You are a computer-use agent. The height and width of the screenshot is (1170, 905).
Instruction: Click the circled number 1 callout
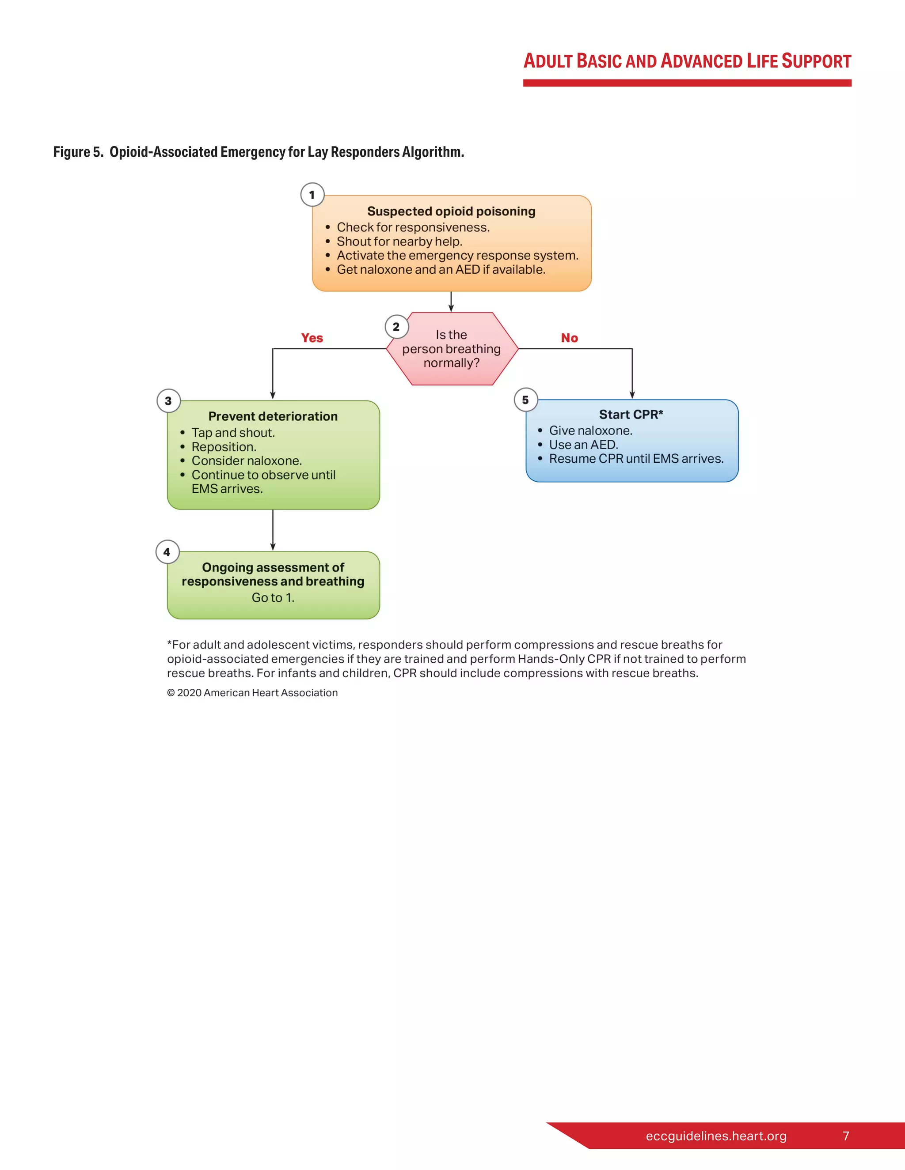pos(312,195)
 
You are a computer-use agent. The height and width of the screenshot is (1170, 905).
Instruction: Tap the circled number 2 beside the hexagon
pos(396,327)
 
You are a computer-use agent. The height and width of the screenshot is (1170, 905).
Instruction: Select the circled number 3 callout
pos(168,401)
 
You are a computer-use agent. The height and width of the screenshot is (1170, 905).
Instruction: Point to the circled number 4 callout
pos(167,552)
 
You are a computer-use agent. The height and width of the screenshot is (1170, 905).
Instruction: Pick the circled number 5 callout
pos(525,400)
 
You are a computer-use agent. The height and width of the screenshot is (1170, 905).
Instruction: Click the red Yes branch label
pos(312,338)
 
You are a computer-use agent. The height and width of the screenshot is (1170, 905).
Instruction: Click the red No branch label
pos(569,338)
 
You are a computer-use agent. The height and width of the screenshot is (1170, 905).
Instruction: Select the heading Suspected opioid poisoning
pos(451,211)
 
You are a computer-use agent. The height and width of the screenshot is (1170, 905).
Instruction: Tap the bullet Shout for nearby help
pos(399,242)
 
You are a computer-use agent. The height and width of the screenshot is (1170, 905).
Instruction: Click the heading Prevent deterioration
pos(273,416)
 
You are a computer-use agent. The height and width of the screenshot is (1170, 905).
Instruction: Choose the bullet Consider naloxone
pos(247,460)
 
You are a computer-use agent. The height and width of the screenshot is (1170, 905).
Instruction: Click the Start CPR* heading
pos(631,415)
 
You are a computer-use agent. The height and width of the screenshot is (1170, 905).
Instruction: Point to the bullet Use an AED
pos(583,445)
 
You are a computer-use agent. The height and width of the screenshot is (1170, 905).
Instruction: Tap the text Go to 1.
pos(273,598)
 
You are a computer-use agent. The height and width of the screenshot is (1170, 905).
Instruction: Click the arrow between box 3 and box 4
pos(273,530)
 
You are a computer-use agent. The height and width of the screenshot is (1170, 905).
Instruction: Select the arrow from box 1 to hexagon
pos(451,302)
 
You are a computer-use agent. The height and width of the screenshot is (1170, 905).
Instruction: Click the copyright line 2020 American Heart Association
pos(252,693)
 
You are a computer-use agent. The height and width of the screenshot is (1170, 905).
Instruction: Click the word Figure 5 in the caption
pos(78,152)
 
